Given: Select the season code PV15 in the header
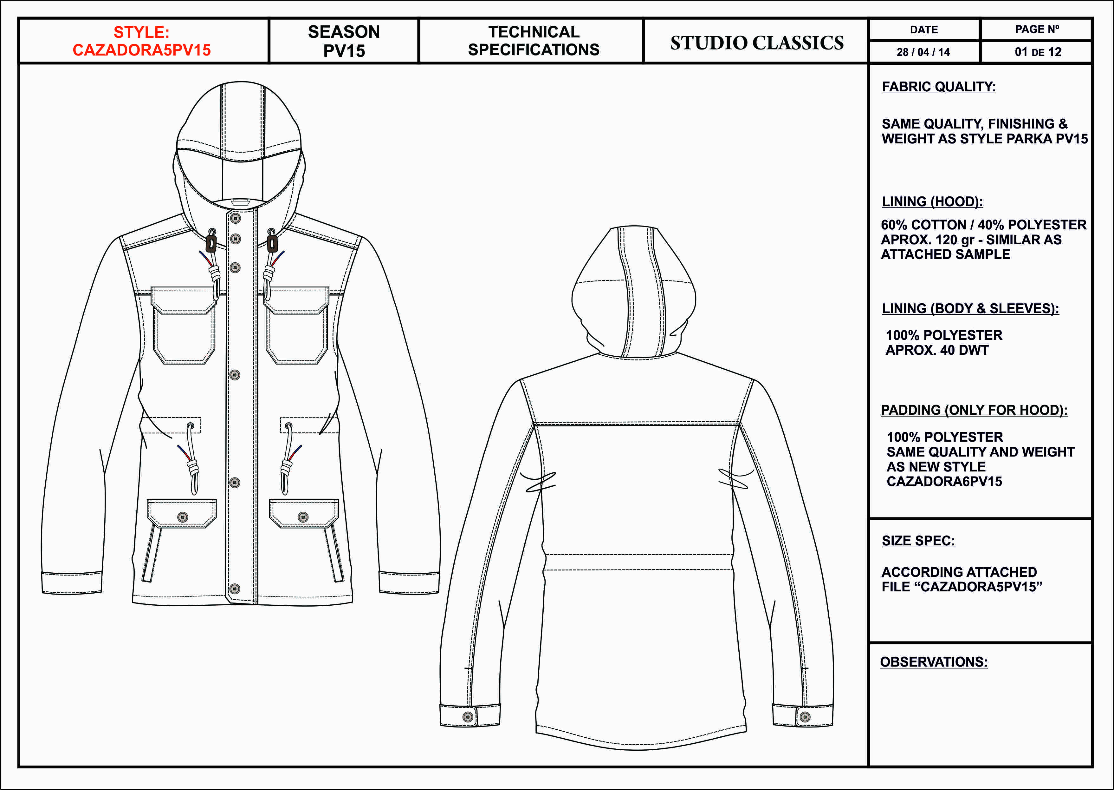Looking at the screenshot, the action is click(x=344, y=51).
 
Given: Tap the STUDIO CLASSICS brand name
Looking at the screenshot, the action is click(x=757, y=43).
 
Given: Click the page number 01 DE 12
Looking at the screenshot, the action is click(x=1038, y=52).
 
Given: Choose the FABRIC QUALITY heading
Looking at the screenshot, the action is click(x=939, y=87).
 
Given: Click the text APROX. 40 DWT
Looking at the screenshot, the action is click(x=936, y=350).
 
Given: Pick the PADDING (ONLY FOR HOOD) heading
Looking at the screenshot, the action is click(x=974, y=410).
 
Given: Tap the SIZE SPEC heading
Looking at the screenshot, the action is click(x=918, y=541).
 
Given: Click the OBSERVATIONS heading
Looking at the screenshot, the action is click(x=934, y=662).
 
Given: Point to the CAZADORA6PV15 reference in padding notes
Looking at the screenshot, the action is click(x=944, y=482).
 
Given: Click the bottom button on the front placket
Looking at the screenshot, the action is click(x=235, y=589).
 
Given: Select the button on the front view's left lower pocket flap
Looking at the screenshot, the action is click(x=183, y=517).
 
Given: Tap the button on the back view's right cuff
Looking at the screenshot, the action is click(x=804, y=717).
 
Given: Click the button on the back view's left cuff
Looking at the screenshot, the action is click(x=468, y=717).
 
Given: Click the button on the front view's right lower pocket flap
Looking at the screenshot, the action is click(x=303, y=517).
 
